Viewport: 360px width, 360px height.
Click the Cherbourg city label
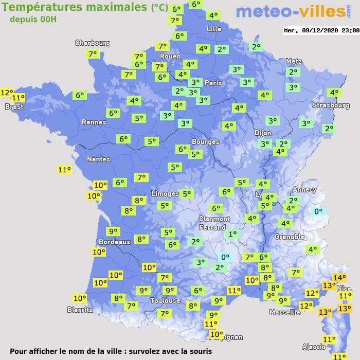(93, 43)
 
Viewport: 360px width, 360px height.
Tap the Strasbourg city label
(331, 105)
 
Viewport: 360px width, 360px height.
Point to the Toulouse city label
(165, 300)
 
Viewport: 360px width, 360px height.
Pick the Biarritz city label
(80, 310)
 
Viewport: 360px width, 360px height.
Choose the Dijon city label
(262, 133)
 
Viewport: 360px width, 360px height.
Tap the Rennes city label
(94, 122)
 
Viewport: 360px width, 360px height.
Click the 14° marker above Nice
(339, 278)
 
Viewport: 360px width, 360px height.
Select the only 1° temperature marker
(232, 234)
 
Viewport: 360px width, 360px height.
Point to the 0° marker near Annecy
(318, 211)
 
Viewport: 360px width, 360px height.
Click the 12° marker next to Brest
(6, 93)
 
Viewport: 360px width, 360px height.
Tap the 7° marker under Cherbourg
(93, 54)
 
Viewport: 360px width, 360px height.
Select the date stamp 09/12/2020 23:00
(321, 30)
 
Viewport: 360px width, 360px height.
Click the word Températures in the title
(44, 7)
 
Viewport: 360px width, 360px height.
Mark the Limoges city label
(165, 193)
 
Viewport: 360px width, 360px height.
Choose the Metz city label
(294, 61)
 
